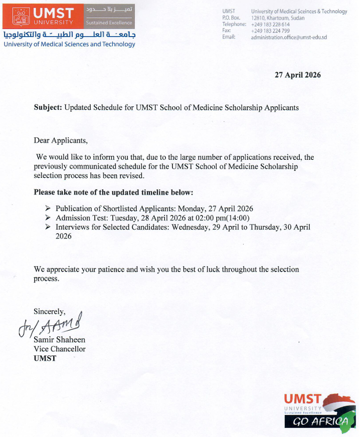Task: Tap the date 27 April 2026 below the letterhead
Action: (x=297, y=75)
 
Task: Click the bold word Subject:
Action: (x=48, y=107)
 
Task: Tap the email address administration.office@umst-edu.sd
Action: (x=289, y=37)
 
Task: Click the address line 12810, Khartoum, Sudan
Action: (x=277, y=18)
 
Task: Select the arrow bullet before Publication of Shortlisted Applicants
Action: (x=48, y=208)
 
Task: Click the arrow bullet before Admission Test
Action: (x=48, y=218)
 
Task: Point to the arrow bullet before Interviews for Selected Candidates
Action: (x=48, y=227)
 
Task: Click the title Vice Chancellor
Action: (x=59, y=349)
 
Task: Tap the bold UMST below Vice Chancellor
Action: (x=45, y=358)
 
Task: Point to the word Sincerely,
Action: (x=49, y=311)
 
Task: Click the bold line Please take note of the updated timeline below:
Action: (x=113, y=192)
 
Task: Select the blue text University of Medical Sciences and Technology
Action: (x=69, y=44)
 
